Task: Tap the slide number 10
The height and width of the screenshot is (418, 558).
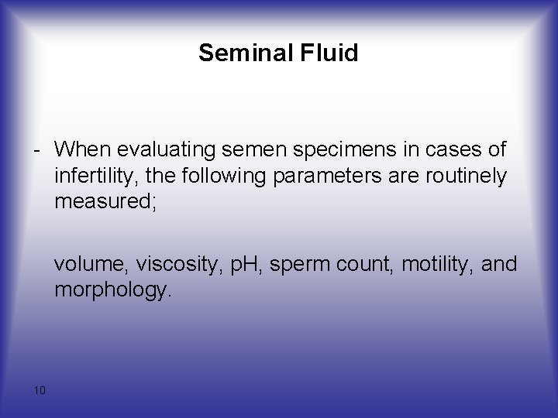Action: [x=40, y=389]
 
